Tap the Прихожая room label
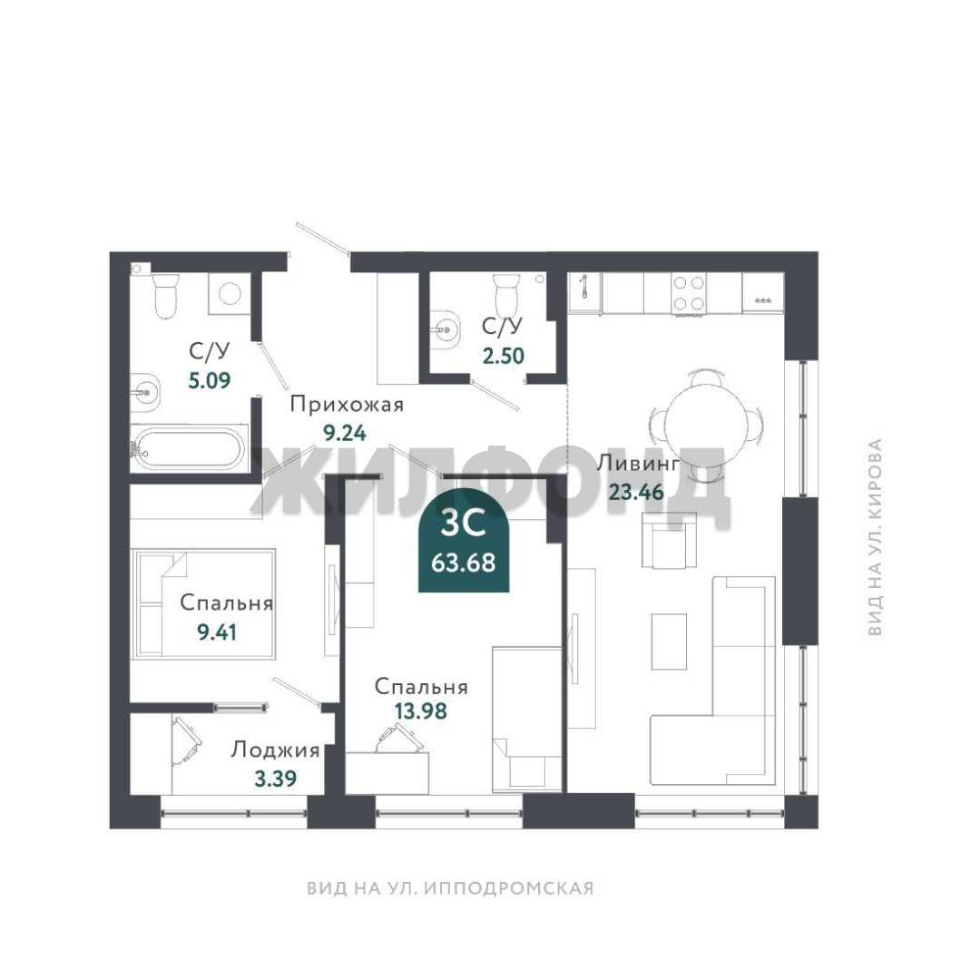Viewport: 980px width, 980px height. tap(347, 406)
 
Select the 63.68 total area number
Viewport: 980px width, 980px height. tap(463, 563)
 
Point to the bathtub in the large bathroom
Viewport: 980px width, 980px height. tap(189, 447)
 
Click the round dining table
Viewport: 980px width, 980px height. tap(706, 423)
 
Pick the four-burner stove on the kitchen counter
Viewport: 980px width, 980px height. tap(689, 292)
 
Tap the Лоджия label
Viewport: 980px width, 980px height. tap(276, 750)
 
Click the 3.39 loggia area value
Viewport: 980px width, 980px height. tap(276, 779)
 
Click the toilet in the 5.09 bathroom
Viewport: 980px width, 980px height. tap(166, 296)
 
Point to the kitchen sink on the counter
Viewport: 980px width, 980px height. tap(583, 292)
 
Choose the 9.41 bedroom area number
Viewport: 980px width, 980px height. tap(217, 632)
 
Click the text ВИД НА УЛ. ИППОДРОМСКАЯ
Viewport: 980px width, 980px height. tap(450, 888)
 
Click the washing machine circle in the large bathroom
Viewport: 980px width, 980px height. tap(230, 293)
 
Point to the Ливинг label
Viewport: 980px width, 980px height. tap(638, 464)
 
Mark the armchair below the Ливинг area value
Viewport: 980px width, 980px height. tap(670, 541)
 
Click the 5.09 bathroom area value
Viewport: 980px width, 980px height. tap(210, 379)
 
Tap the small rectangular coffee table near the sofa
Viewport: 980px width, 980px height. tap(670, 642)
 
